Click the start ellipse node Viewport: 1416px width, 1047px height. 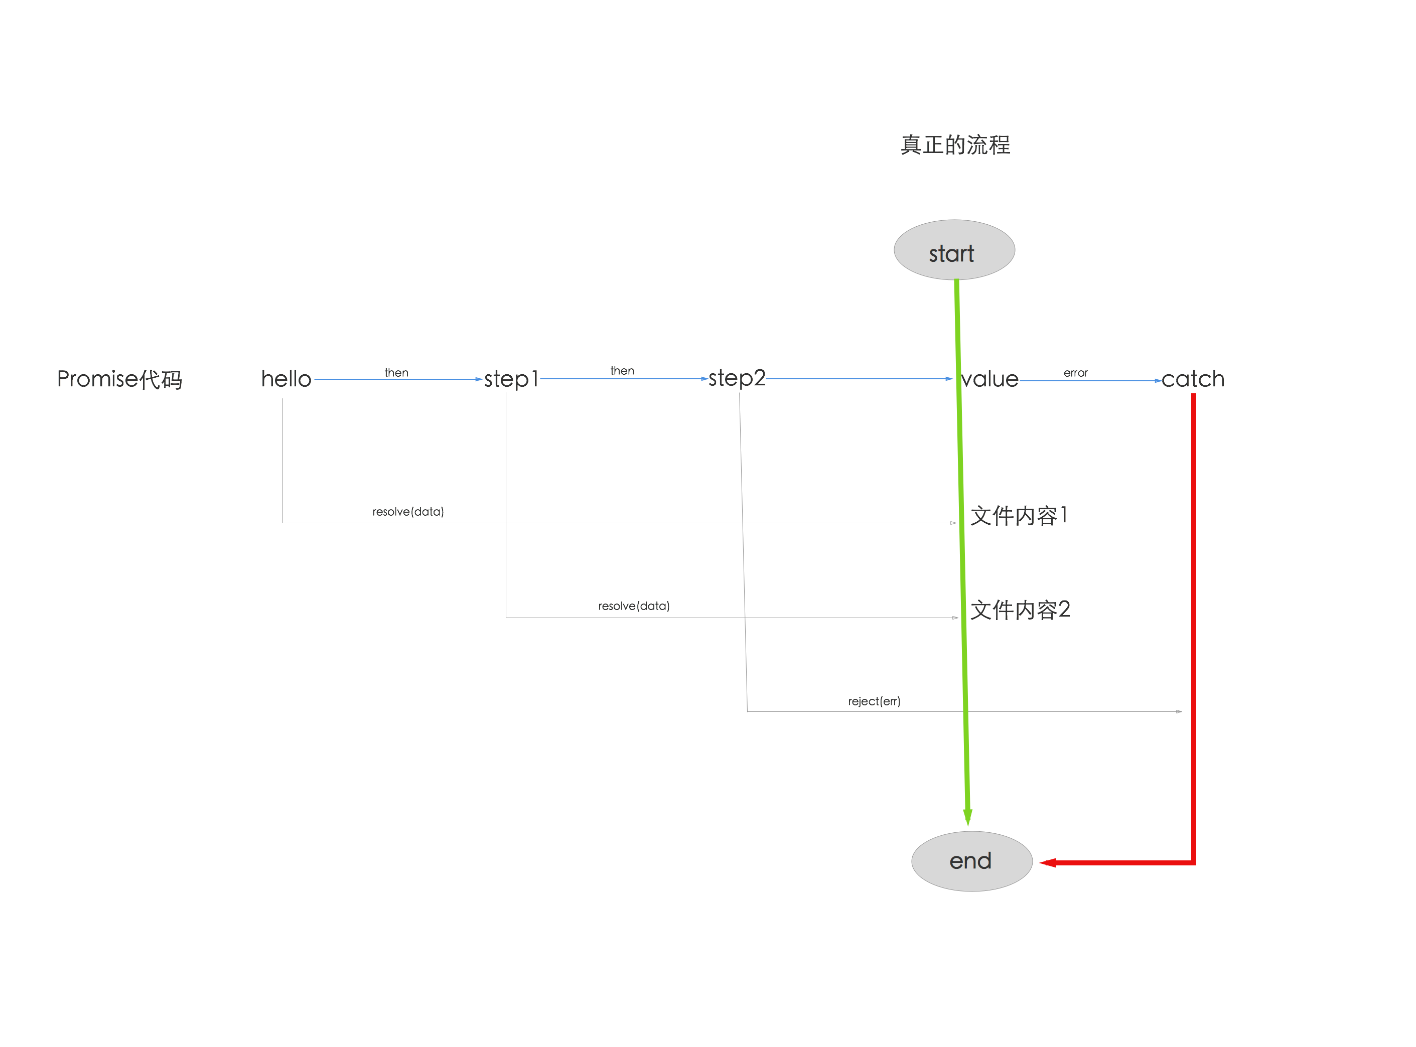click(954, 250)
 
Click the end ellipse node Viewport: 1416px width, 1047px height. click(971, 861)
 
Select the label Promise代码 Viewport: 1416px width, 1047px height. click(119, 379)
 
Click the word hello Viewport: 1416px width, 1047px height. click(286, 379)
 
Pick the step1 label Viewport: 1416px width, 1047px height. click(511, 379)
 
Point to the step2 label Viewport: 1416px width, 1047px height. click(737, 378)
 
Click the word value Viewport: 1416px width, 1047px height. click(990, 379)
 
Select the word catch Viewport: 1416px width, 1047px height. click(1193, 379)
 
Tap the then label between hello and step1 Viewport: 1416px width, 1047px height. click(397, 373)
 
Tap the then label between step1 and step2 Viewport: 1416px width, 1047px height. click(622, 371)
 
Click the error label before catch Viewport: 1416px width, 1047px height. click(1076, 373)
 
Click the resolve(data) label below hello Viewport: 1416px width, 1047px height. click(407, 511)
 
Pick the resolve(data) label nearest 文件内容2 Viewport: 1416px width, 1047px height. click(633, 606)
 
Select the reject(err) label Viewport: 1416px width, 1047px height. click(874, 701)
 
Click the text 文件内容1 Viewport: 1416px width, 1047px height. click(1019, 515)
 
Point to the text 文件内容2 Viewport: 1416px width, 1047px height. click(1020, 610)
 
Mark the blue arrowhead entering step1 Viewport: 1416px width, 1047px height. click(479, 379)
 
